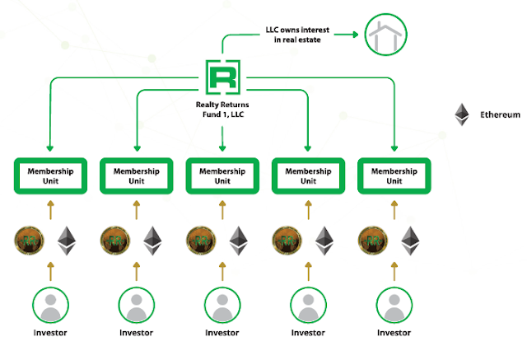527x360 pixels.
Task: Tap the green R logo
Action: pos(223,77)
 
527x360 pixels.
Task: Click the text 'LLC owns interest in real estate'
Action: pos(297,35)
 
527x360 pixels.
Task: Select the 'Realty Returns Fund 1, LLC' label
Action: pos(222,110)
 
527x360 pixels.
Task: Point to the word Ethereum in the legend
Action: pos(500,115)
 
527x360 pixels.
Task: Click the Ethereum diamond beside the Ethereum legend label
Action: pos(462,115)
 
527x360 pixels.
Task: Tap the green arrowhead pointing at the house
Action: pos(355,35)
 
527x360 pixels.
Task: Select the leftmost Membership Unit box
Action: pos(50,175)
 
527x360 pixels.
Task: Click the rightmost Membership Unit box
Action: pos(394,175)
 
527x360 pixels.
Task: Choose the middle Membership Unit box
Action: pos(222,175)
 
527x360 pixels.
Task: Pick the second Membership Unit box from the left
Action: pos(137,175)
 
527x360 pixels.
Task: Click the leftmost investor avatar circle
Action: pos(50,305)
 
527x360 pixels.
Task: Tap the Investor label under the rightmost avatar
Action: pos(394,333)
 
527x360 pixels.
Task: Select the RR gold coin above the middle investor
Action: pos(201,241)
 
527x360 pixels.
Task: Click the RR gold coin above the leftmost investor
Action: pos(30,241)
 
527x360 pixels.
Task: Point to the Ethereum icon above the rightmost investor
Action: pos(410,241)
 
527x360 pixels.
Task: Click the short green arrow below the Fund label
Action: pos(222,139)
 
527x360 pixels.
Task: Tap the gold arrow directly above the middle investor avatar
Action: pos(222,271)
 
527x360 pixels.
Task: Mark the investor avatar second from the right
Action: pos(308,305)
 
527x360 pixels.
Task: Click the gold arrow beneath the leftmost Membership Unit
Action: pos(50,210)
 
